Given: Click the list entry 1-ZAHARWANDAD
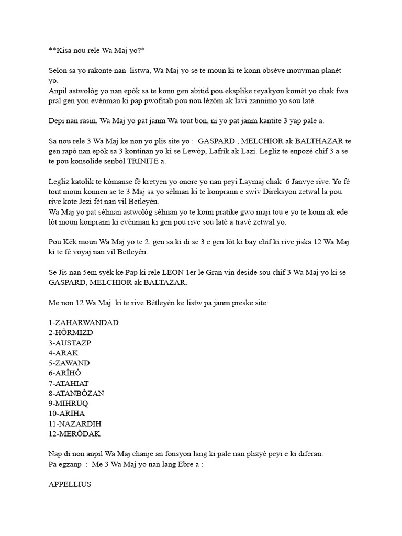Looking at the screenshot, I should pyautogui.click(x=83, y=322).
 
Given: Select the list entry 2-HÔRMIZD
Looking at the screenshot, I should pyautogui.click(x=71, y=332).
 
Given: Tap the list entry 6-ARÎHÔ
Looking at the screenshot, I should pyautogui.click(x=65, y=373).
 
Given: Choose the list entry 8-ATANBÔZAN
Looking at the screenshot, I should pyautogui.click(x=76, y=393).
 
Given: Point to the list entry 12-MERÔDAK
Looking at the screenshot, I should pyautogui.click(x=74, y=434).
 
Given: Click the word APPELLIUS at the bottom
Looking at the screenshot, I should pyautogui.click(x=70, y=484).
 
